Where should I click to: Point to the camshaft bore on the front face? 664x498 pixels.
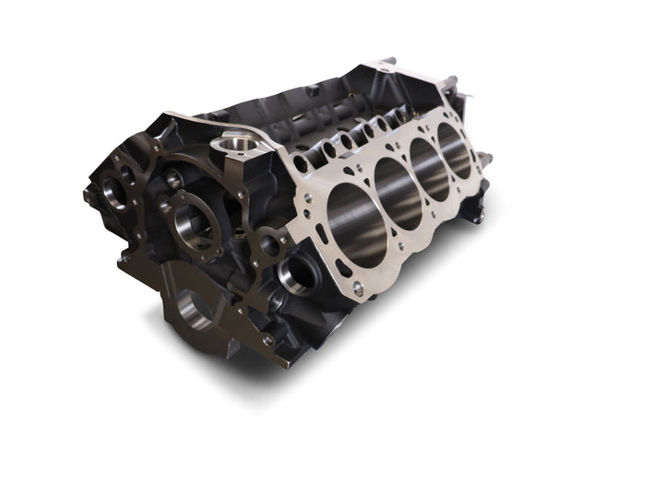coord(195,220)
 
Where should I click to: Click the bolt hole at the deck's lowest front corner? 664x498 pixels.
coord(358,289)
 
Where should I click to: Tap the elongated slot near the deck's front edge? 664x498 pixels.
coord(342,268)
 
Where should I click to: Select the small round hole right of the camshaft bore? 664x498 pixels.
coord(268,244)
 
